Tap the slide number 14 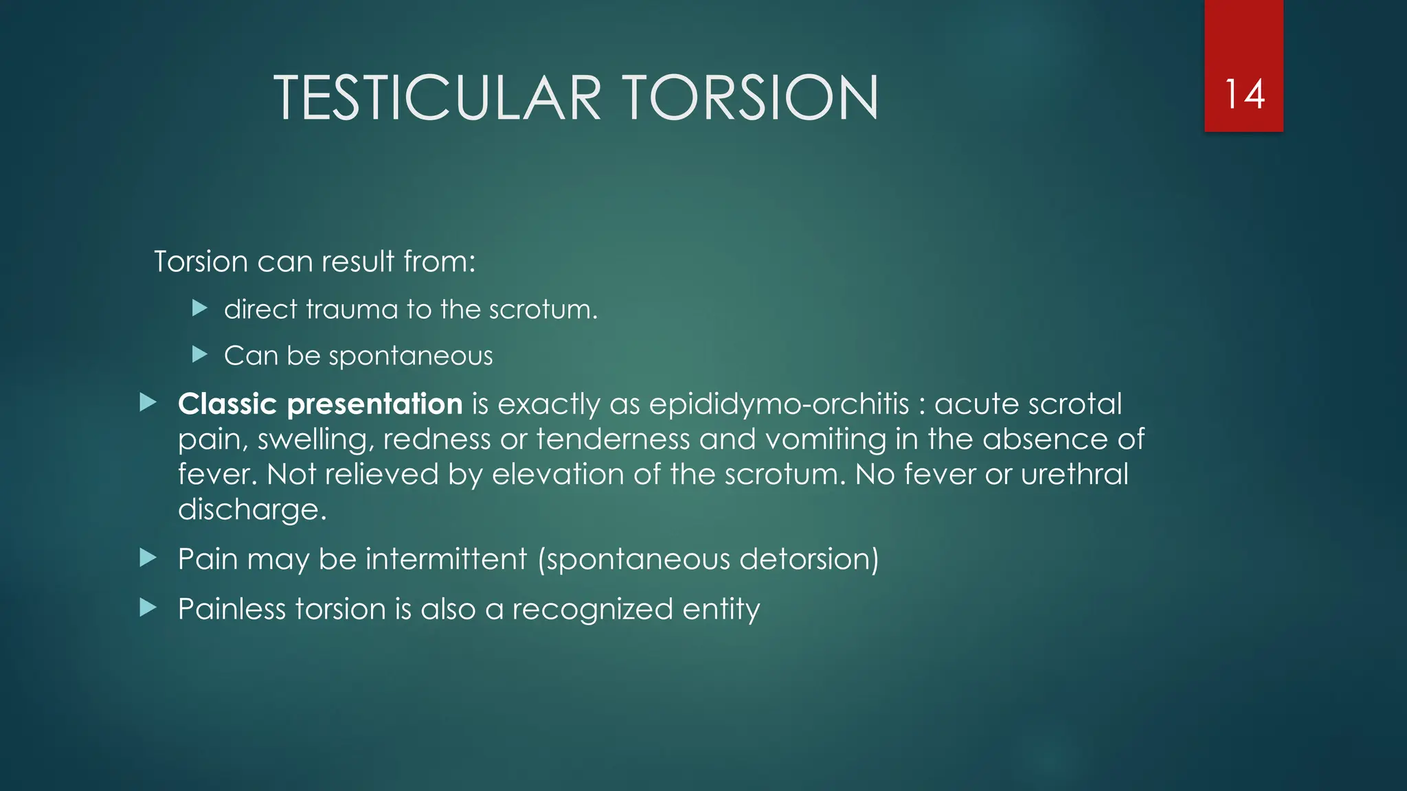[1244, 94]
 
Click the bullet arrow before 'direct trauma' [200, 308]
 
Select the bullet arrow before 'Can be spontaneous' [200, 354]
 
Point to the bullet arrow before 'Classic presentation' [148, 402]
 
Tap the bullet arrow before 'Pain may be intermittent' [148, 558]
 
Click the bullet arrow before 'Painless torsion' [148, 608]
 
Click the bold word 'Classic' [227, 404]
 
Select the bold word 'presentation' [374, 404]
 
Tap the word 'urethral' [1074, 474]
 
